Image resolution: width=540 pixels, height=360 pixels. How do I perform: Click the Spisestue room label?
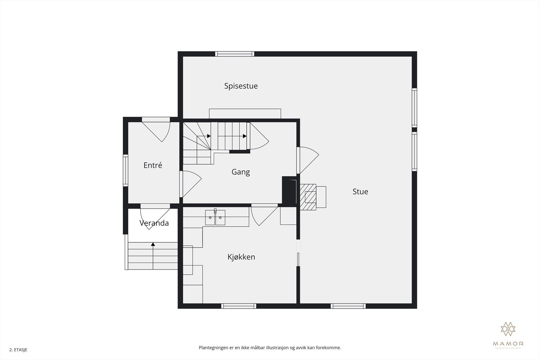(241, 86)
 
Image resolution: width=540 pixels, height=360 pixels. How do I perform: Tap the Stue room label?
(360, 192)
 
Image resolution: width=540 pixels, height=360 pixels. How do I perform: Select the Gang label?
(241, 172)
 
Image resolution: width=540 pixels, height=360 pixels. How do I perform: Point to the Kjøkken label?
(241, 257)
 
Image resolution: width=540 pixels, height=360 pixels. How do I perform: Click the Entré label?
(153, 165)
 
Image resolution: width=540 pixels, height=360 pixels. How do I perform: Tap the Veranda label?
(154, 223)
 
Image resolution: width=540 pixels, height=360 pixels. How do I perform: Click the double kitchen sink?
(215, 218)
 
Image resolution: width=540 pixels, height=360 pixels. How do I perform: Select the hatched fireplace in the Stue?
(308, 197)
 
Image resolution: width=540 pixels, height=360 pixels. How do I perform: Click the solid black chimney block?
(289, 191)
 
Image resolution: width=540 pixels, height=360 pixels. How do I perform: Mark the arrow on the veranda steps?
(153, 245)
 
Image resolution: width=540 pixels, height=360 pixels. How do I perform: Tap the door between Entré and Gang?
(190, 184)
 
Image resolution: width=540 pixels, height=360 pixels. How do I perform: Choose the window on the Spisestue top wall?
(235, 54)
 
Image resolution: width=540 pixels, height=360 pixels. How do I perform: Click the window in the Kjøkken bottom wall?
(239, 306)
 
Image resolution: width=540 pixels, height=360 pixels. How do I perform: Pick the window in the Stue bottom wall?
(348, 306)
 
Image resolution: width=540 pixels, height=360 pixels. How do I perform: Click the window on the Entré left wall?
(125, 170)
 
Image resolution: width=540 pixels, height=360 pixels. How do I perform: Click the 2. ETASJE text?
(18, 350)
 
